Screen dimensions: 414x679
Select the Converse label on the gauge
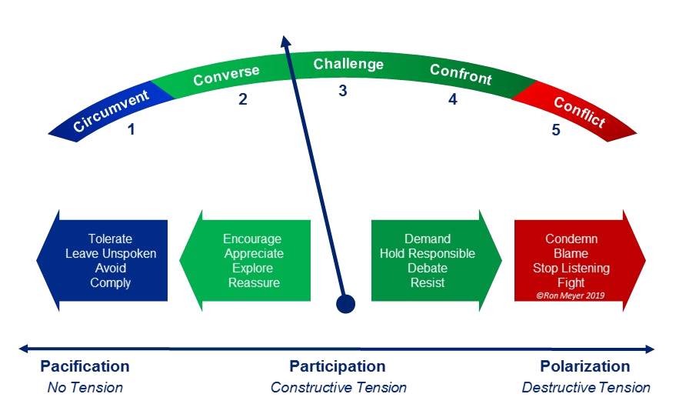click(x=226, y=76)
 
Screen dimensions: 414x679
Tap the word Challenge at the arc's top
click(x=348, y=64)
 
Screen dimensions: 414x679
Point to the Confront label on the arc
click(x=461, y=75)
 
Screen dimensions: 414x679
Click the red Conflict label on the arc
click(x=579, y=112)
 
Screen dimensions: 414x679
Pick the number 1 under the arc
click(x=131, y=129)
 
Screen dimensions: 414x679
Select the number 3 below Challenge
click(x=343, y=91)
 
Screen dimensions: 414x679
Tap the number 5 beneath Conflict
click(x=555, y=130)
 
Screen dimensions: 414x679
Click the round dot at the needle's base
click(x=346, y=305)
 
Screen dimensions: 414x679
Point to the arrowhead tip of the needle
click(x=285, y=38)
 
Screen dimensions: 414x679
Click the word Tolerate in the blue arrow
click(x=110, y=239)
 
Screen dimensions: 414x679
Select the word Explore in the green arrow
click(x=253, y=268)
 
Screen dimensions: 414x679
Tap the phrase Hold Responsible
click(x=427, y=253)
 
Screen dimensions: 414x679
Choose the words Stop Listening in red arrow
click(x=571, y=268)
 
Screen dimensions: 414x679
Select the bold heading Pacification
click(x=85, y=366)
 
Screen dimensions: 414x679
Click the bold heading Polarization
click(x=584, y=366)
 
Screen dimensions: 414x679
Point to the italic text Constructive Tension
click(x=338, y=388)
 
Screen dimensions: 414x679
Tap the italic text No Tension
click(x=85, y=388)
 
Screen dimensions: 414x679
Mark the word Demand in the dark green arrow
click(x=427, y=239)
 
